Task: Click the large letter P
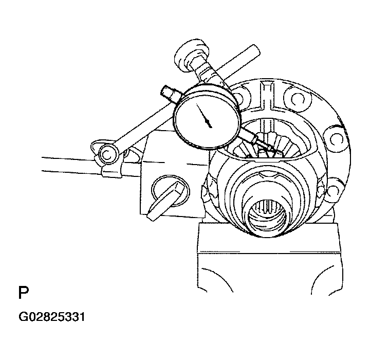click(x=23, y=293)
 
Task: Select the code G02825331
click(x=52, y=317)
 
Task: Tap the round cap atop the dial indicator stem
click(x=191, y=55)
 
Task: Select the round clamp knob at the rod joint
click(x=108, y=154)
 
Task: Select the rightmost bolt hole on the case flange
click(x=335, y=139)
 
